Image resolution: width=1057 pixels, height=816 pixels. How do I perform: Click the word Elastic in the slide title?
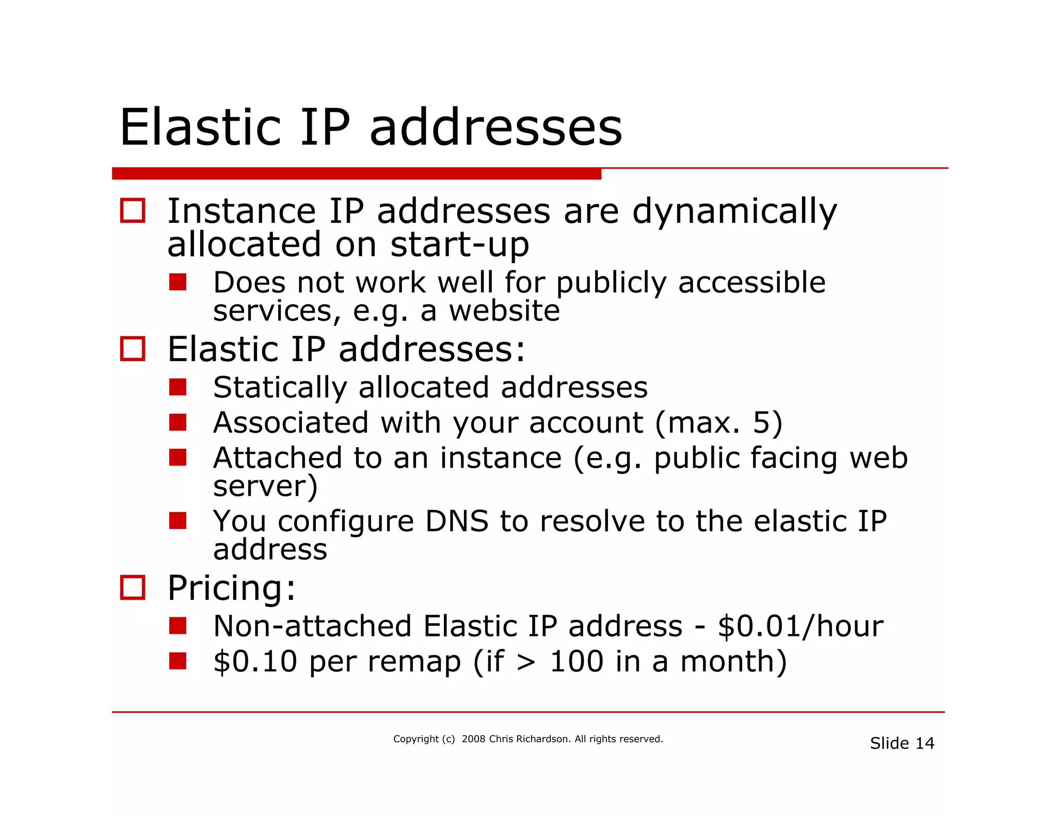pos(200,127)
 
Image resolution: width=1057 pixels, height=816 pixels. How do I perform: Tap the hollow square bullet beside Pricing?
pos(133,587)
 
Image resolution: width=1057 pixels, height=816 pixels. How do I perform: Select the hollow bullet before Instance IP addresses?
pos(133,210)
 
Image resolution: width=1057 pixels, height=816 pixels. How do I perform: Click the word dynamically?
pos(734,211)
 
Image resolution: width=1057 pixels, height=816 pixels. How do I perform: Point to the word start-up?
pos(460,244)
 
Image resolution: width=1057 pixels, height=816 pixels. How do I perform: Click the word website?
pos(504,311)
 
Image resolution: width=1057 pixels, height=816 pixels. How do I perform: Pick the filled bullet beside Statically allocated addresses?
pos(178,387)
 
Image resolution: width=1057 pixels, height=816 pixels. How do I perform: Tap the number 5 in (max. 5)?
pos(762,422)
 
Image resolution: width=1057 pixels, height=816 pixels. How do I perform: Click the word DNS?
pos(456,521)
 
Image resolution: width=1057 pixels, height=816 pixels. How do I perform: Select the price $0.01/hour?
pos(800,626)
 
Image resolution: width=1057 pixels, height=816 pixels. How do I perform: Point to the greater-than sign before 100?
pos(526,662)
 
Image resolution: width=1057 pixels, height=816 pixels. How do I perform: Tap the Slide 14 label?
pos(902,743)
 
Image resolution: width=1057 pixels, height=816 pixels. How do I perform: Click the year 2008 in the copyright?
pos(473,739)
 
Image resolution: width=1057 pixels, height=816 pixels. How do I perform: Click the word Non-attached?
pos(312,626)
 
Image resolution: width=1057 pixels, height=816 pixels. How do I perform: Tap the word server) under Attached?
pos(265,486)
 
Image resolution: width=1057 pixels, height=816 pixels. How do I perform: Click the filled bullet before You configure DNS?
pos(178,521)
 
